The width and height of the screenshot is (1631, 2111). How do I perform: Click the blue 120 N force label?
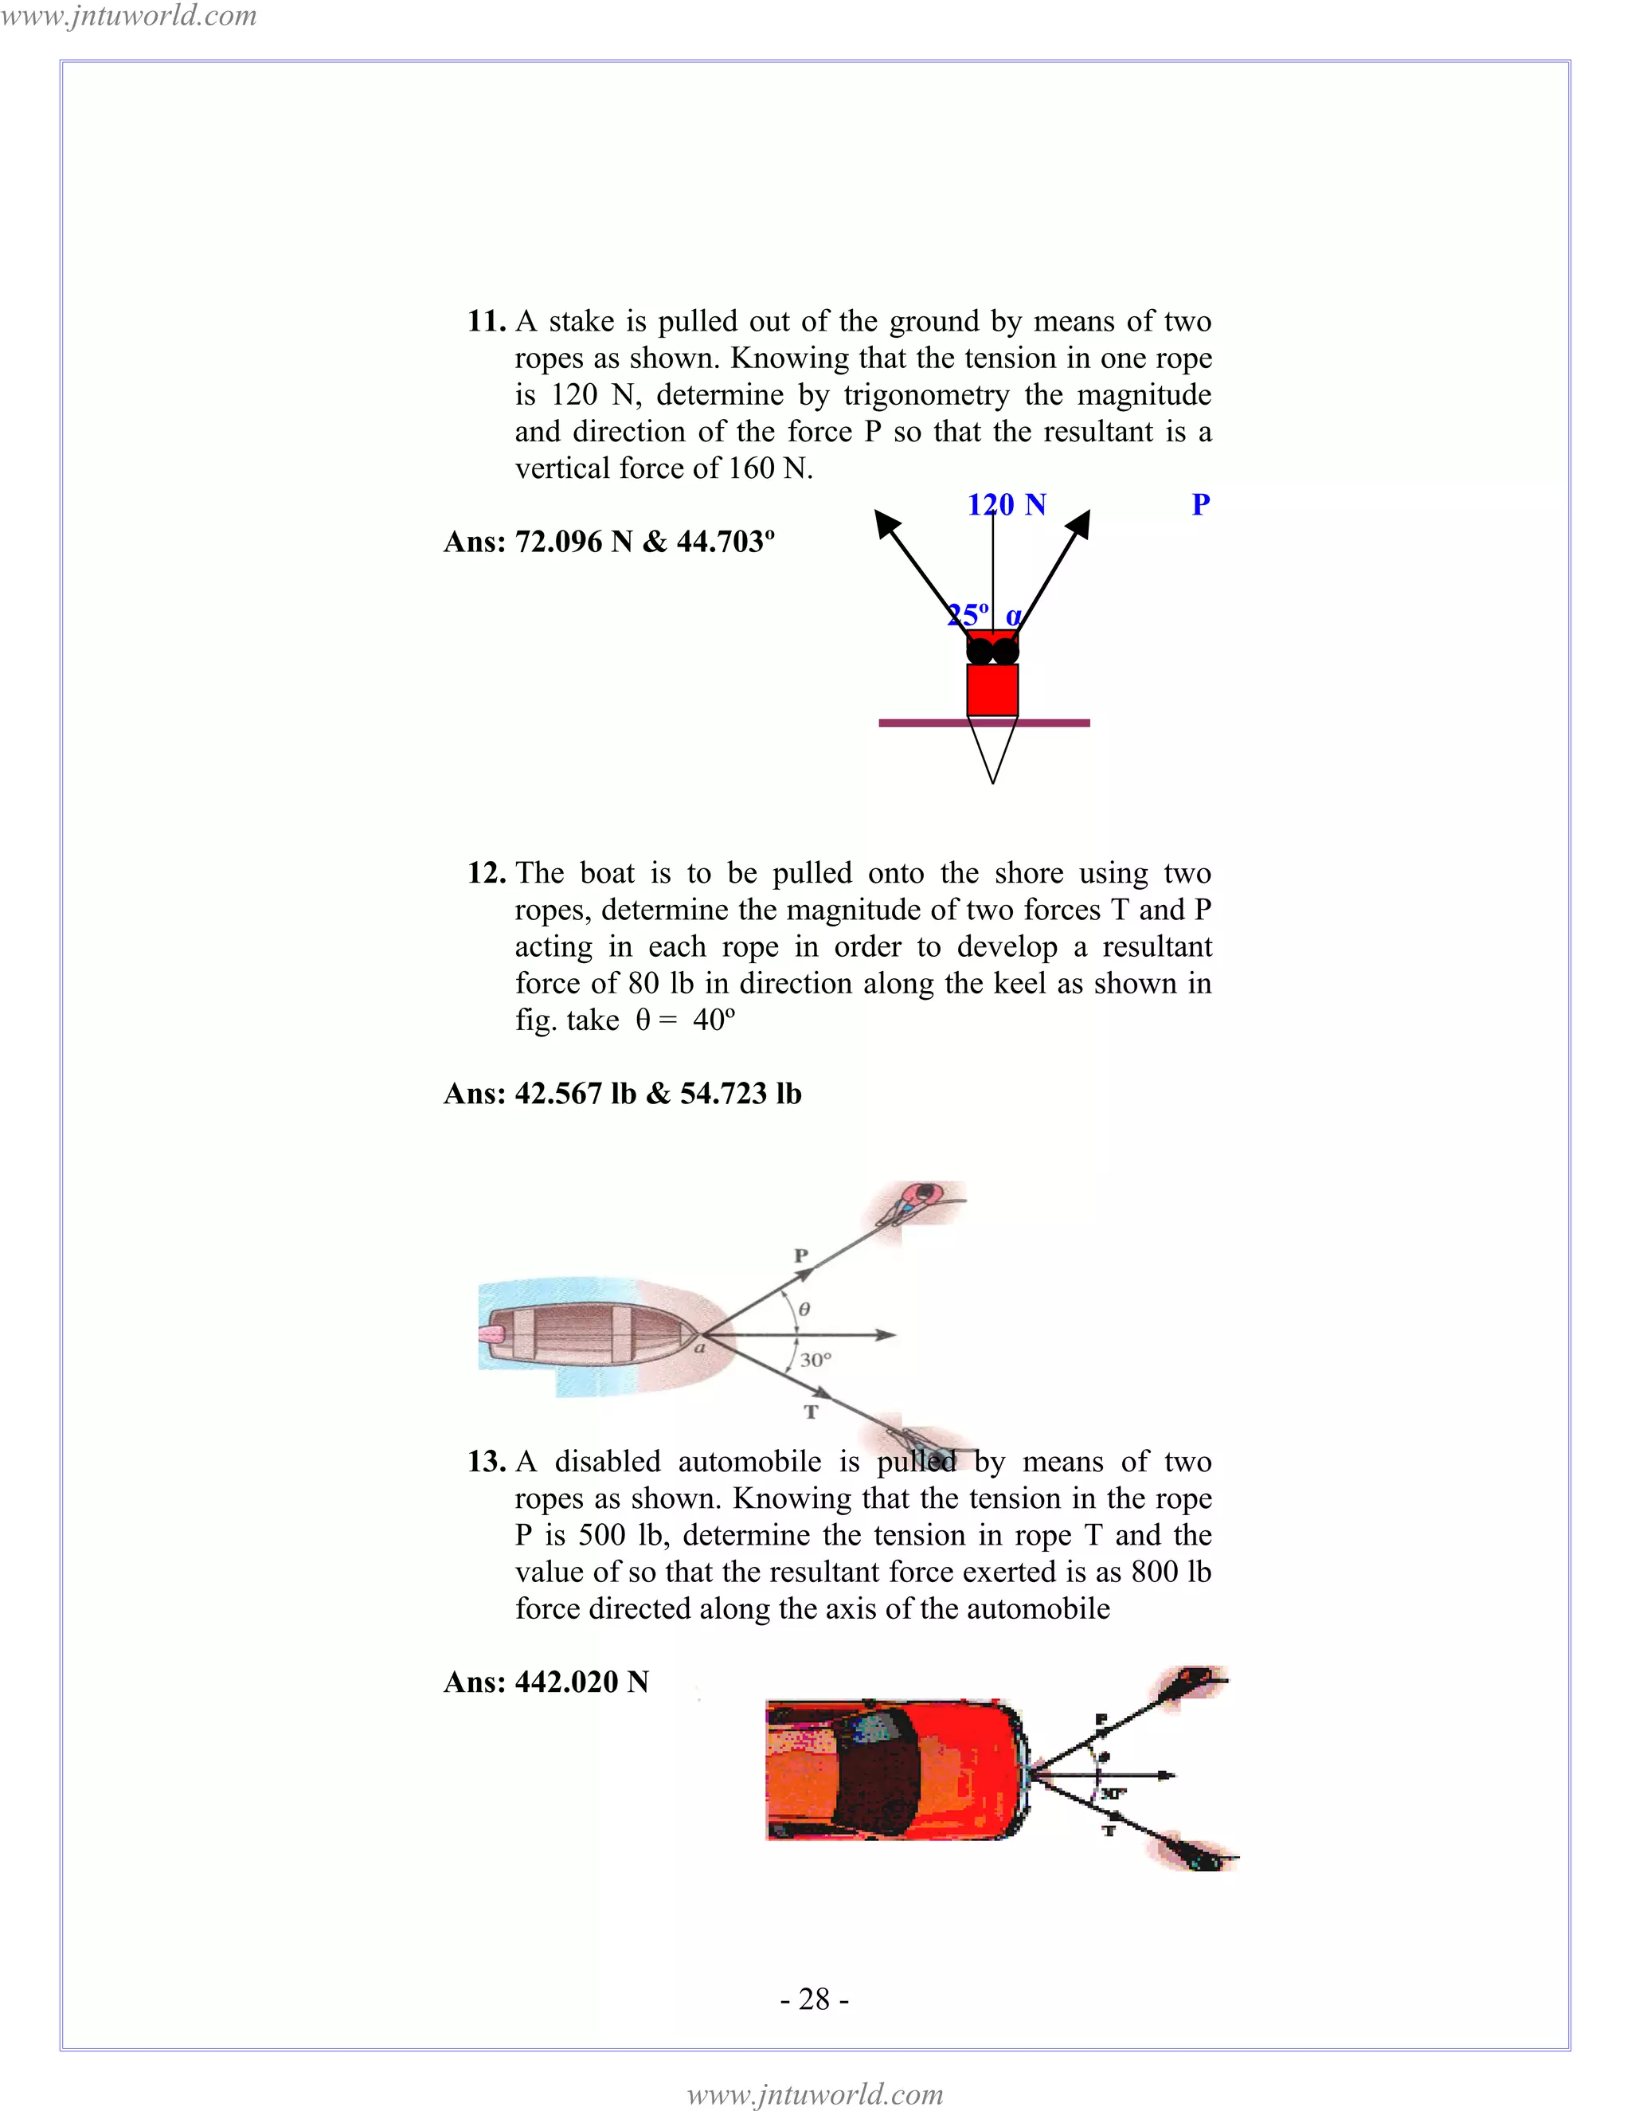coord(1007,504)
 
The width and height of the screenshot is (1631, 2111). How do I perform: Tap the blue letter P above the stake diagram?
coord(1200,504)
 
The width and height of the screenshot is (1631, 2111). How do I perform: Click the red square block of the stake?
coord(992,689)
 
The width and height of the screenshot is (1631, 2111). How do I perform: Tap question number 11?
coord(486,321)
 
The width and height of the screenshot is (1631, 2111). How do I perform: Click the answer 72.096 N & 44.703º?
coord(608,541)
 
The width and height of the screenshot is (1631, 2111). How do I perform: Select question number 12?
coord(486,873)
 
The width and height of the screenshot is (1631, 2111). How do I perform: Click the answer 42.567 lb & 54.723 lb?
coord(622,1093)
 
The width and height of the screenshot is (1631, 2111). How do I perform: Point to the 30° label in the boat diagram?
coord(815,1360)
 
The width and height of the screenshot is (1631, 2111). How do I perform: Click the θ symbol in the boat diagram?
coord(804,1310)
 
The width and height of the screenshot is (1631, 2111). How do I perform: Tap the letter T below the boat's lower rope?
coord(811,1412)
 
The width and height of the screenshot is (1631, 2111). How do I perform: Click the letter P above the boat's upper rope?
coord(800,1256)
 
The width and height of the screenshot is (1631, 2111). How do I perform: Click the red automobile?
coord(894,1771)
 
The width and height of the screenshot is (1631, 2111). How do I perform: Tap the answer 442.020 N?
coord(546,1682)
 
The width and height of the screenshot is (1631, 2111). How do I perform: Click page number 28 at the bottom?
coord(815,1999)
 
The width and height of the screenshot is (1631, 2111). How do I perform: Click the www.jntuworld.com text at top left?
coord(128,15)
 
